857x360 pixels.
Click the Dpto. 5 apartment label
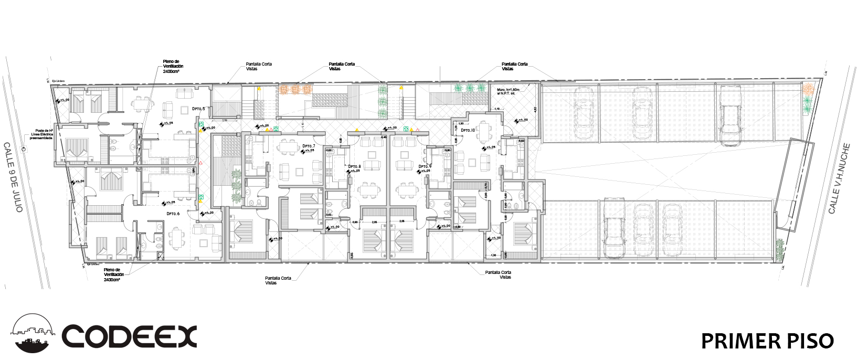pos(198,109)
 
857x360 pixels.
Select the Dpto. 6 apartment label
pos(173,214)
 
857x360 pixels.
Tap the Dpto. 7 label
pos(308,146)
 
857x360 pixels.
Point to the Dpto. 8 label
pos(354,166)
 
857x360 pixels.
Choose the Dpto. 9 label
pos(425,166)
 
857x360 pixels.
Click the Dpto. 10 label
pos(468,130)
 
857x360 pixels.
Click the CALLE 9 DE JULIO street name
pos(13,177)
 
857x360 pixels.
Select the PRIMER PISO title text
pos(767,341)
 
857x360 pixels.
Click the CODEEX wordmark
pos(129,336)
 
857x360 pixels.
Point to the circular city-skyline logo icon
pos(33,334)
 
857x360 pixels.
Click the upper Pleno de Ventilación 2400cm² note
pos(173,66)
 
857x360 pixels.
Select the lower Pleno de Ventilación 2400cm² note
pos(114,274)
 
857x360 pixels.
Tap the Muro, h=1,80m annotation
pos(507,91)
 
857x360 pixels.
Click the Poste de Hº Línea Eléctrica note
pos(41,134)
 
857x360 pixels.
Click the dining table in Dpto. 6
pos(177,237)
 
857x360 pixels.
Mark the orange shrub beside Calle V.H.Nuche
pos(808,89)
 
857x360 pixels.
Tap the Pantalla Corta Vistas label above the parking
pos(514,66)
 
